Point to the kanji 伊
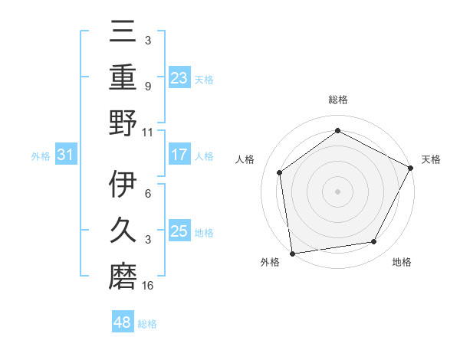pyautogui.click(x=123, y=184)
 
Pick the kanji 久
pyautogui.click(x=123, y=229)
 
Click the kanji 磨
pyautogui.click(x=123, y=274)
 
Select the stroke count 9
pyautogui.click(x=148, y=87)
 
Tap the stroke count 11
pyautogui.click(x=148, y=132)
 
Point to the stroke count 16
pyautogui.click(x=148, y=286)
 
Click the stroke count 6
pyautogui.click(x=148, y=195)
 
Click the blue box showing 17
pyautogui.click(x=179, y=155)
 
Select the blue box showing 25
pyautogui.click(x=179, y=231)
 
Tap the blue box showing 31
pyautogui.click(x=65, y=155)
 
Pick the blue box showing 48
pyautogui.click(x=123, y=322)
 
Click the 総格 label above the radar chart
pyautogui.click(x=337, y=100)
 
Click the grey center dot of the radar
pyautogui.click(x=337, y=191)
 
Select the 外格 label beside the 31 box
pyautogui.click(x=41, y=156)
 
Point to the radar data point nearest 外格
pyautogui.click(x=292, y=253)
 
